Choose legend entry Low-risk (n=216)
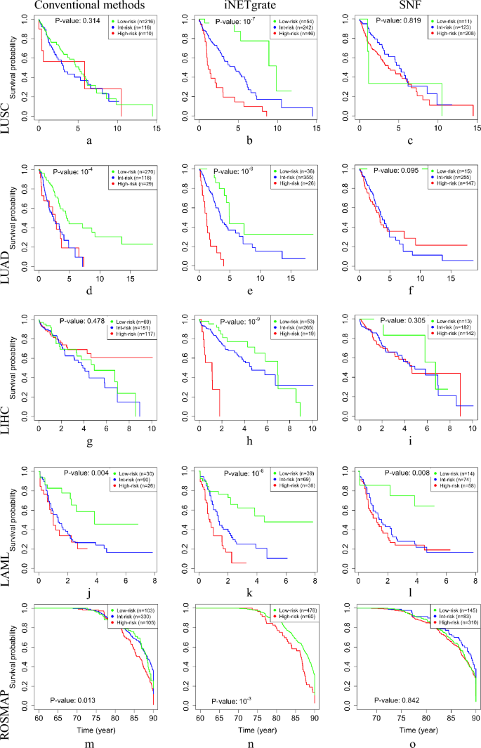(x=131, y=22)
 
